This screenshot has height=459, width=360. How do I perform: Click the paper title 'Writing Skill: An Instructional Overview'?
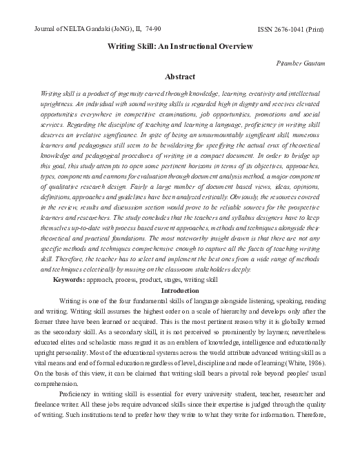point(179,46)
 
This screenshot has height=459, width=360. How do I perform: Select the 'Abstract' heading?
point(179,76)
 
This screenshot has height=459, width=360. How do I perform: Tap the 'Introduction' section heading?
point(179,291)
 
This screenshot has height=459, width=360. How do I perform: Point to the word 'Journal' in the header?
point(46,29)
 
